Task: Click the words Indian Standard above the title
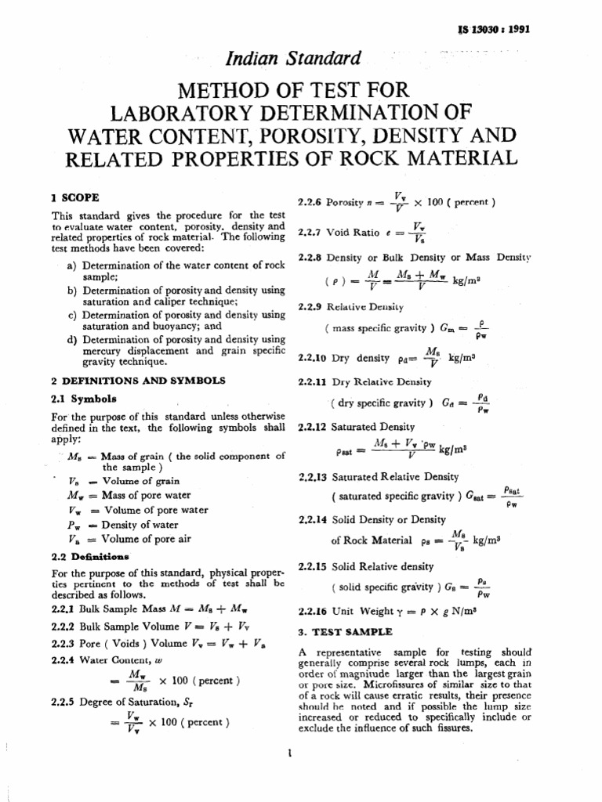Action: coord(304,57)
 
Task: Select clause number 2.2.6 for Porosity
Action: coord(311,202)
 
